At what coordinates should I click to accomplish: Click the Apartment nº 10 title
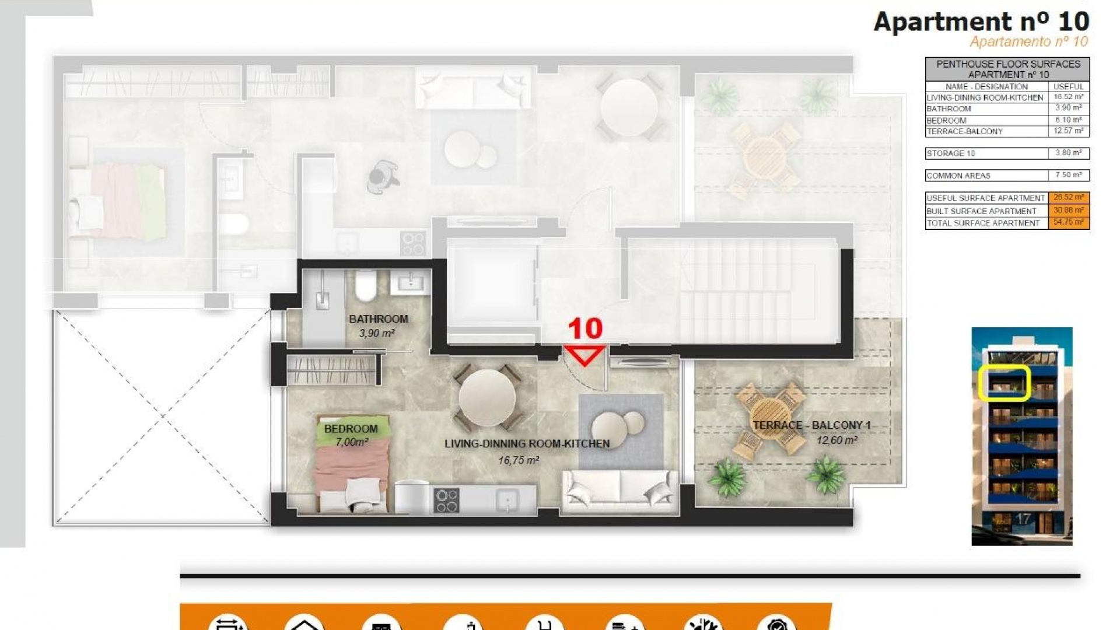(x=981, y=22)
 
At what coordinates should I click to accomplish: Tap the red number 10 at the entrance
(x=584, y=330)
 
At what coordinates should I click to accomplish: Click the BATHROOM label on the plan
(x=379, y=319)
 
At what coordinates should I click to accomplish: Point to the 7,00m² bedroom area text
(x=352, y=442)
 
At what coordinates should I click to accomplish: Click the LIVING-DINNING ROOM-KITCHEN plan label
(x=527, y=444)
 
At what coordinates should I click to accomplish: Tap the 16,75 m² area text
(x=519, y=461)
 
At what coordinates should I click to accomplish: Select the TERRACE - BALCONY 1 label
(x=811, y=425)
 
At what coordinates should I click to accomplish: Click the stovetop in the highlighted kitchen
(x=446, y=501)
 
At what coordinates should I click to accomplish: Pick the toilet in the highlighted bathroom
(x=366, y=285)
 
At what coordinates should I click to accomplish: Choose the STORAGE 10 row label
(x=950, y=153)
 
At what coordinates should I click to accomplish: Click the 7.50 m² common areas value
(x=1068, y=175)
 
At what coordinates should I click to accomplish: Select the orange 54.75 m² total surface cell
(x=1068, y=223)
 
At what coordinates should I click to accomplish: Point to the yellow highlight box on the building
(x=1004, y=383)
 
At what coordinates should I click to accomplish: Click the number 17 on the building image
(x=1023, y=519)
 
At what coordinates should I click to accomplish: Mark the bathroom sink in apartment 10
(x=410, y=283)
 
